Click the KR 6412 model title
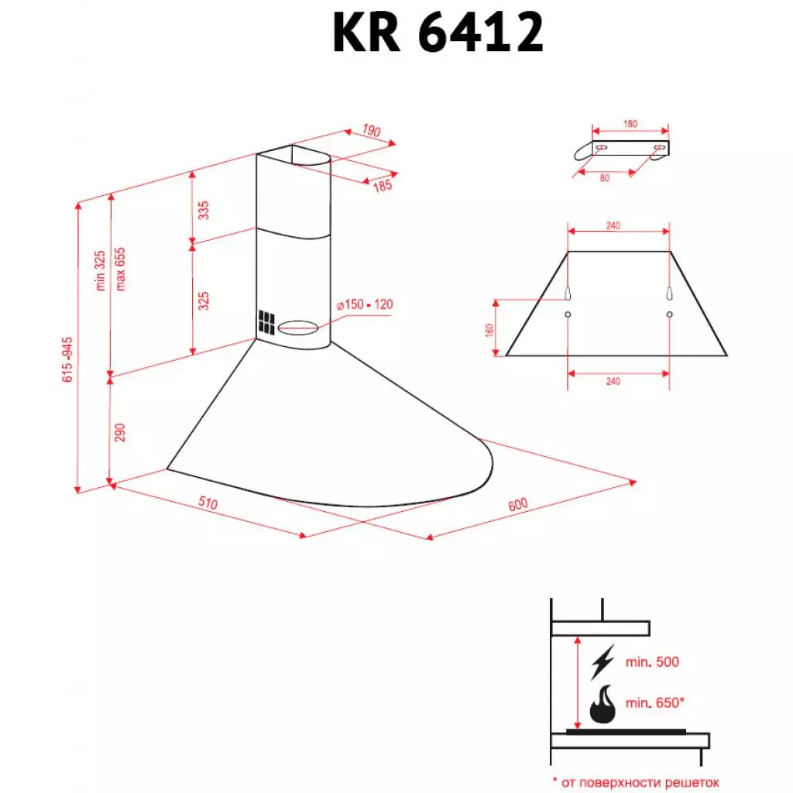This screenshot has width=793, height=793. click(438, 33)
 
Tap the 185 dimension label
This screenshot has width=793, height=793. click(383, 185)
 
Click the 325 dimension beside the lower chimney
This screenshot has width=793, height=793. click(204, 301)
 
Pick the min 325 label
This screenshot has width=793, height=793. click(100, 271)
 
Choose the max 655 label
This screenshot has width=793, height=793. click(120, 271)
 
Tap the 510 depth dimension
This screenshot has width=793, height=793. click(207, 503)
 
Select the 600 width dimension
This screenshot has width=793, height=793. click(517, 504)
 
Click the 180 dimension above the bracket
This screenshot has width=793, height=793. click(630, 124)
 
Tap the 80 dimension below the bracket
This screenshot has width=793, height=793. click(604, 178)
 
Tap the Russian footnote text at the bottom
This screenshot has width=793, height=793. click(636, 782)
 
